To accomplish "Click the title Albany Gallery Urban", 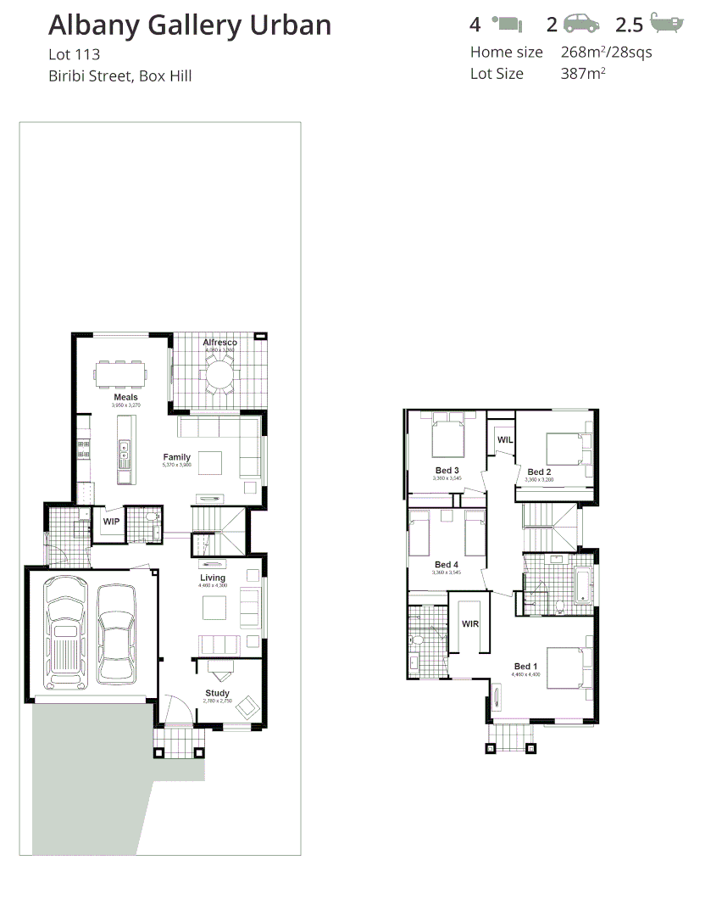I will tap(189, 25).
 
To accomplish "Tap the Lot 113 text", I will tap(74, 55).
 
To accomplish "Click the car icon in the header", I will tap(581, 24).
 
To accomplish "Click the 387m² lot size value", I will tap(583, 74).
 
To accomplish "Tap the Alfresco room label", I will tap(220, 343).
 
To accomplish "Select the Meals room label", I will tap(125, 397).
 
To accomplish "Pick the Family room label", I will tap(177, 457).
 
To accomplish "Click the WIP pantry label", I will tap(111, 522).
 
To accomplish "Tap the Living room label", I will tap(213, 578).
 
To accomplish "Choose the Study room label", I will tap(217, 693).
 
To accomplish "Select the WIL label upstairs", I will tap(505, 440).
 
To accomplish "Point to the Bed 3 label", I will tap(447, 471).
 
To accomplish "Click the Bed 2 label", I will tap(539, 472).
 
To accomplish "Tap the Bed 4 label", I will tap(447, 565).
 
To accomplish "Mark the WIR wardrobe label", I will tap(470, 623).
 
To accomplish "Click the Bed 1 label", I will tap(526, 667).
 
